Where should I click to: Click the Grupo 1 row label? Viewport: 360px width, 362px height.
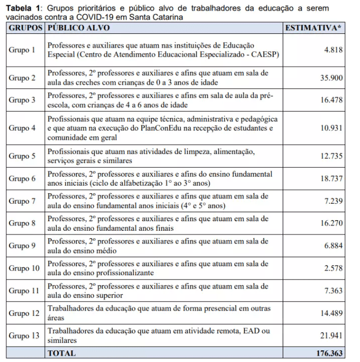(22, 50)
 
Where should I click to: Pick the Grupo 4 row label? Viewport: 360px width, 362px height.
(22, 128)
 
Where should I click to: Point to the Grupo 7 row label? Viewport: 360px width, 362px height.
(22, 201)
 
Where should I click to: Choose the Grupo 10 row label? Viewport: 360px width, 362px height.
(24, 268)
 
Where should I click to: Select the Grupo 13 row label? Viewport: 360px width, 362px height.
(24, 336)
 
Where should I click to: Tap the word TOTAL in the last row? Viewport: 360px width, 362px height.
(62, 352)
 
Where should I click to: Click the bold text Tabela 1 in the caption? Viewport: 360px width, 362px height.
(23, 8)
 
